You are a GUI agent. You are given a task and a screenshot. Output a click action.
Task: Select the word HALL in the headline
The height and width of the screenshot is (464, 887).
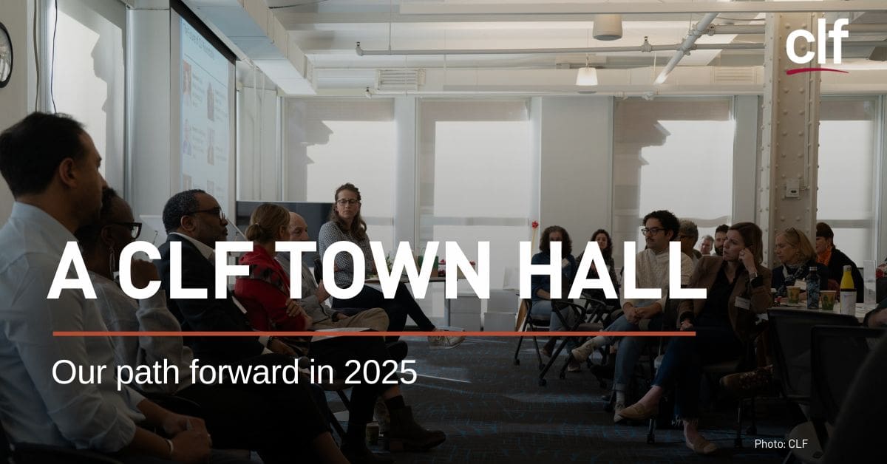(611, 270)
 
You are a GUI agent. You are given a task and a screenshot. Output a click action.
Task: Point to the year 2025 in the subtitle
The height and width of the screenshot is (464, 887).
(380, 372)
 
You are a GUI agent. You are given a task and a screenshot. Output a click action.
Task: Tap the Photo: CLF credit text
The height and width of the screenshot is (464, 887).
(781, 444)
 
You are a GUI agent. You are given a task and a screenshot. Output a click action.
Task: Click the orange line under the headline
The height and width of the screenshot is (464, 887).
(374, 334)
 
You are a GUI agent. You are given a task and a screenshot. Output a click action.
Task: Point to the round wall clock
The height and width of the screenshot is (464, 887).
(4, 55)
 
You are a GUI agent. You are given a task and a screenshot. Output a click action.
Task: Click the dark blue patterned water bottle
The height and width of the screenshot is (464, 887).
(813, 287)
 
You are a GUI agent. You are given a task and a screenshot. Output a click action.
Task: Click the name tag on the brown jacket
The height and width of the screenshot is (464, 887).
(743, 302)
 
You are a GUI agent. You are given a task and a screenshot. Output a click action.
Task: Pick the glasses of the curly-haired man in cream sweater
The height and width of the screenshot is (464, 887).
(653, 231)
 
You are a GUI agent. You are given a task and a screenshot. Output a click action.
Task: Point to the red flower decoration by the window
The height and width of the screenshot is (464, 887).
(535, 225)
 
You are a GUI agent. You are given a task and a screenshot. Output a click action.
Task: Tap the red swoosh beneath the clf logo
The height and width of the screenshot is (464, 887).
(817, 70)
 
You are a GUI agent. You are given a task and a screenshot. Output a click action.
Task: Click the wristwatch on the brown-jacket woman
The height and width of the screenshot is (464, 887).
(752, 275)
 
